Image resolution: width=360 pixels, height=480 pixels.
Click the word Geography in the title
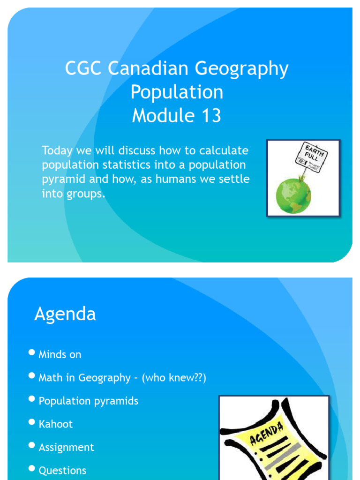click(x=241, y=69)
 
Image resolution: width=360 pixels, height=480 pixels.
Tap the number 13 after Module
click(x=211, y=116)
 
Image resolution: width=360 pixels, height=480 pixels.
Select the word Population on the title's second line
click(x=177, y=92)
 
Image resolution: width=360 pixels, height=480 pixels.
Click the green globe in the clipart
click(x=293, y=195)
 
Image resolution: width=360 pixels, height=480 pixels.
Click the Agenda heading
click(x=65, y=314)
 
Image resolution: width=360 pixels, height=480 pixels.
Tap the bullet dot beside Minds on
click(x=32, y=352)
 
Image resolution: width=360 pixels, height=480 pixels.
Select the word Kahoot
click(x=56, y=424)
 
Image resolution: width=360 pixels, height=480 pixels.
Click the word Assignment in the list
click(x=66, y=448)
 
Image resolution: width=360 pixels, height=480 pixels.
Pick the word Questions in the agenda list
click(x=62, y=471)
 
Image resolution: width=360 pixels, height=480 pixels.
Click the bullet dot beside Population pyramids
click(x=32, y=399)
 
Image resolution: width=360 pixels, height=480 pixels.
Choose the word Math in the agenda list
click(x=51, y=378)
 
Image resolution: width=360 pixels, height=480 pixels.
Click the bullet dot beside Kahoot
click(x=32, y=422)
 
